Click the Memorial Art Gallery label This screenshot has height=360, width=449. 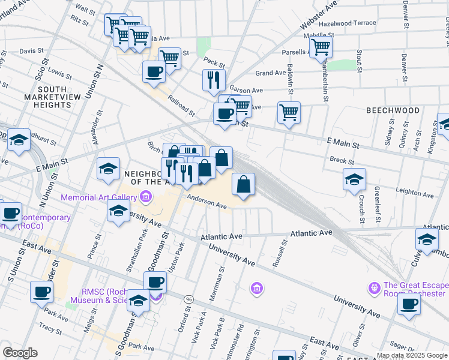point(98,197)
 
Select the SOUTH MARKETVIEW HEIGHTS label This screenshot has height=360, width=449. point(53,97)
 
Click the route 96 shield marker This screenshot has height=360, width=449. point(189,298)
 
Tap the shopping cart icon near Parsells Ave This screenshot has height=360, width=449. point(321,46)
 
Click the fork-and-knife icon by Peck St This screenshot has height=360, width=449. point(214,79)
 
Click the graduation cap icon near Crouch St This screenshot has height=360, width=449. point(354,179)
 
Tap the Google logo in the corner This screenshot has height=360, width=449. point(20,353)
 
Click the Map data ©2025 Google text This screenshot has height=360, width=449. point(411,355)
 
